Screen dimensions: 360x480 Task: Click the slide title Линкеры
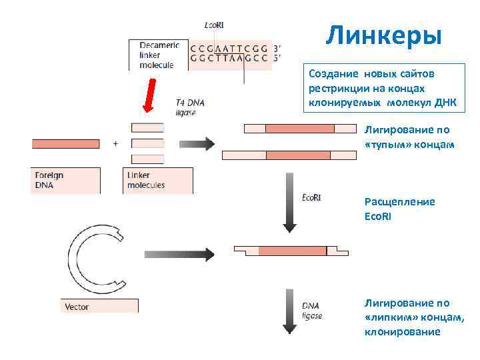pyautogui.click(x=383, y=35)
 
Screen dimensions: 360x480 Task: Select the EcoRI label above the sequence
pyautogui.click(x=214, y=25)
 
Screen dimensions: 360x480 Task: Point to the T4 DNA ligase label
pyautogui.click(x=190, y=108)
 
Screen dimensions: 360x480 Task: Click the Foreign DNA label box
pyautogui.click(x=66, y=180)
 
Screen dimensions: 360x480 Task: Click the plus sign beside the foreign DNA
pyautogui.click(x=115, y=143)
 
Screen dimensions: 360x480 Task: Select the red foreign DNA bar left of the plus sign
pyautogui.click(x=65, y=143)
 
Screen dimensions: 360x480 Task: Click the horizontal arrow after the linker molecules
pyautogui.click(x=197, y=143)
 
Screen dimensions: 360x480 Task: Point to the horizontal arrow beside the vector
pyautogui.click(x=179, y=254)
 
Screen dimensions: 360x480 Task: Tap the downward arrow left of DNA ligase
pyautogui.click(x=289, y=311)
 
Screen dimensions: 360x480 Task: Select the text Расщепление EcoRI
pyautogui.click(x=399, y=207)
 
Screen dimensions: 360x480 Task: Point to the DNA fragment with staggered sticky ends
pyautogui.click(x=287, y=251)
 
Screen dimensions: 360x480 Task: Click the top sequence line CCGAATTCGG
pyautogui.click(x=228, y=48)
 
